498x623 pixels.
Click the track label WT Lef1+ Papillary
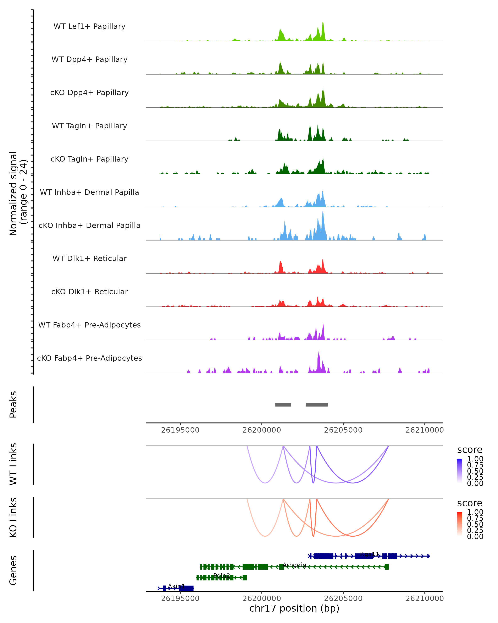point(89,26)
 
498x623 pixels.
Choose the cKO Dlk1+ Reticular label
point(89,292)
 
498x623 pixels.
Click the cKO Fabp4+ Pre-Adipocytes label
point(89,358)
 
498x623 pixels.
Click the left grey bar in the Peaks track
point(283,405)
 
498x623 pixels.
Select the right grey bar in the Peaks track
point(316,405)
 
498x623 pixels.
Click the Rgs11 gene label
point(369,554)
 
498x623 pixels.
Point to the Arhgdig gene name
point(294,565)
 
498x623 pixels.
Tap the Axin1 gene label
point(176,586)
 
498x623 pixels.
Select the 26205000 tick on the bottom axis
point(343,598)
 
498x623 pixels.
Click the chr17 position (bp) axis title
point(294,608)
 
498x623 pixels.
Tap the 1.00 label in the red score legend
point(475,512)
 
